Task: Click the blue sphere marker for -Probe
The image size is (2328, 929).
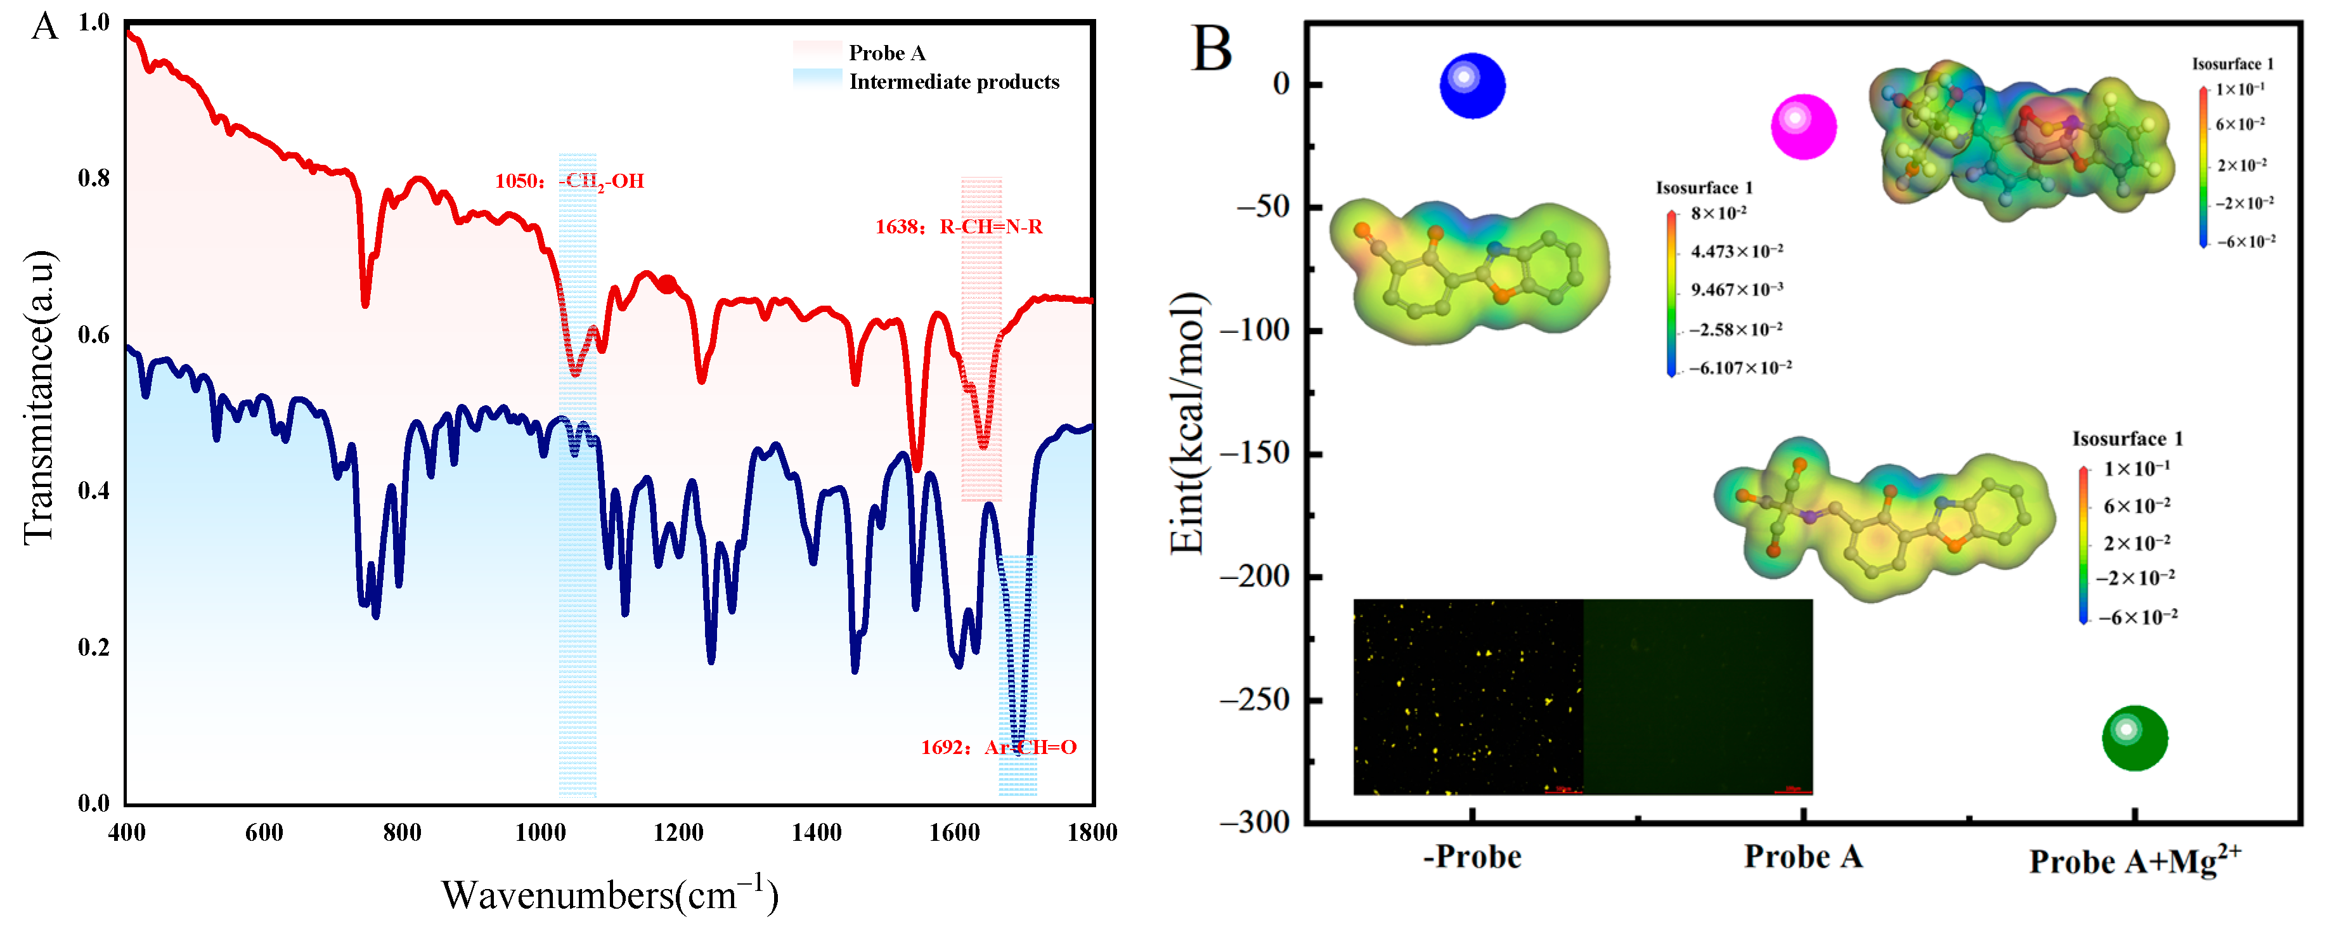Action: (x=1472, y=86)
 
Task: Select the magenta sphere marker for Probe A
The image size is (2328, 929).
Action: (x=1803, y=127)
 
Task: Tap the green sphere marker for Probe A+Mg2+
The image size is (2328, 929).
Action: (x=2135, y=737)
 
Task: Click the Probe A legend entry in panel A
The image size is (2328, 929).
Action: (x=886, y=53)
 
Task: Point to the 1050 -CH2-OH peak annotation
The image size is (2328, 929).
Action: (x=569, y=181)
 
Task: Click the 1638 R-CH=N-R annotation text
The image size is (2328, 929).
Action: (x=958, y=227)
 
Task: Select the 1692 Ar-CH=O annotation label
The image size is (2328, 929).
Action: (x=998, y=748)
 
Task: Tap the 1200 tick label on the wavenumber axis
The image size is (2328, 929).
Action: (x=678, y=833)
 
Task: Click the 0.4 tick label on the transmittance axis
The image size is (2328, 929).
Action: (x=93, y=491)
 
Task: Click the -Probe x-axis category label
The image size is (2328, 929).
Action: (x=1472, y=856)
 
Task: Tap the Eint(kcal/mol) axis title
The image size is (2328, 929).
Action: (x=1187, y=423)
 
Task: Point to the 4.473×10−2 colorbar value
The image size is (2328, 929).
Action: (x=1736, y=251)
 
